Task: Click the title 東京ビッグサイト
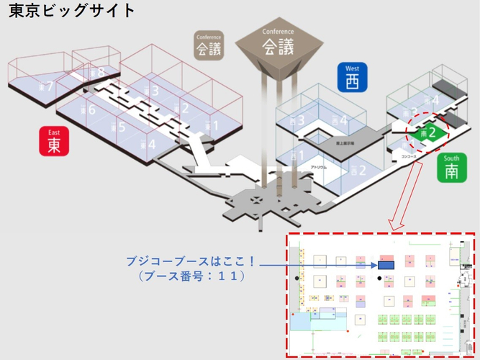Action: coord(71,12)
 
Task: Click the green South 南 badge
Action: coord(451,167)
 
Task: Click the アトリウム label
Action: coord(319,167)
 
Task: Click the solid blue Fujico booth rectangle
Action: coord(385,266)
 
